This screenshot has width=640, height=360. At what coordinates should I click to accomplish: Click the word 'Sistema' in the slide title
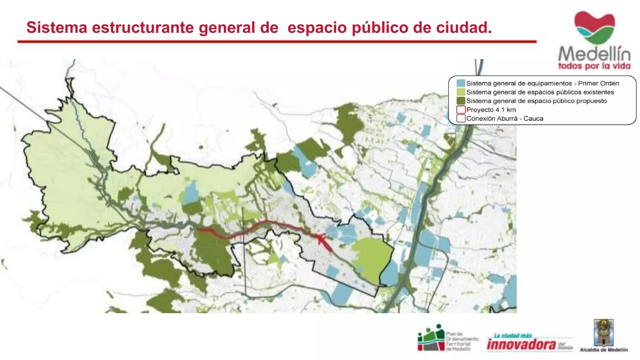coord(57,27)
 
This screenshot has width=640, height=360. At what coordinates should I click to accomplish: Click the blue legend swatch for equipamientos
coord(461,83)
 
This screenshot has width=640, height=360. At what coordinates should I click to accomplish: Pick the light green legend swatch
coord(461,92)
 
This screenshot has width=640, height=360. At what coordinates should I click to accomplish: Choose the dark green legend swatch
coord(461,101)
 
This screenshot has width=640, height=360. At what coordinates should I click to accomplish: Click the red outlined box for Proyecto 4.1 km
coord(461,110)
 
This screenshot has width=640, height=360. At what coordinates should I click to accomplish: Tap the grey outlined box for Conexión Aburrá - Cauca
coord(461,118)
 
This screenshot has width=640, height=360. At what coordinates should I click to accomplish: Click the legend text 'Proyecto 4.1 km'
coord(491,110)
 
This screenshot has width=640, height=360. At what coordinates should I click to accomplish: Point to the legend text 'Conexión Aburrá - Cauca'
coord(505,118)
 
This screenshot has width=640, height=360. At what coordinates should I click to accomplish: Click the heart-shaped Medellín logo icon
coord(594,27)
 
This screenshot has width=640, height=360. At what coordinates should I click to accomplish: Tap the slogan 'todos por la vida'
coord(594,66)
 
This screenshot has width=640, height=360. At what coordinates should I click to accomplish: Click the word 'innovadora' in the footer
coord(521,344)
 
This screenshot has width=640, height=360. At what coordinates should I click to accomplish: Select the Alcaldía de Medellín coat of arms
coord(604,332)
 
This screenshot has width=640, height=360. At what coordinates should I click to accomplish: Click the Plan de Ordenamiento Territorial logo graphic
coord(431,338)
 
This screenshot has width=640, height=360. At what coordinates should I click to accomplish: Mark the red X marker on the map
coord(321,239)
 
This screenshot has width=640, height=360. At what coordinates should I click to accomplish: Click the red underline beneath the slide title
coord(277,41)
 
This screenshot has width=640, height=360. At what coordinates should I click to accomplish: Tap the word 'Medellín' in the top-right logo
coord(594,54)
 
